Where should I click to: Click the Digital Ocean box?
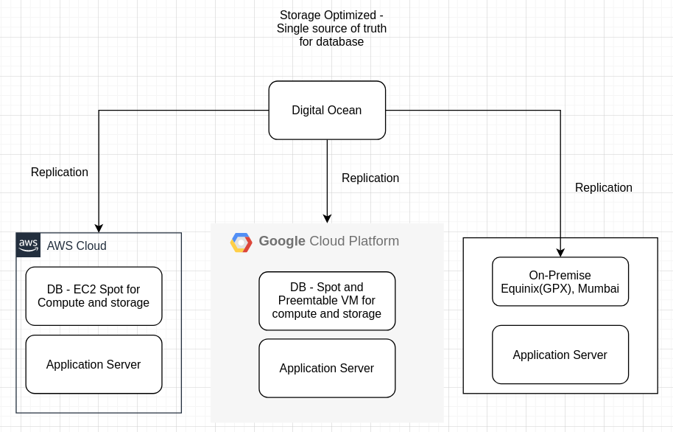[x=327, y=111]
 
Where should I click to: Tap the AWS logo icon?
[x=29, y=245]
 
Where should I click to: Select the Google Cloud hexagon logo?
[x=242, y=243]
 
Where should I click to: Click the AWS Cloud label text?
[x=77, y=246]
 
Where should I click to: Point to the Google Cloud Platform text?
[x=328, y=241]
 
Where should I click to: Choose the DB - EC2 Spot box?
[x=94, y=296]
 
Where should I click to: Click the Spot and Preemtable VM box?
[x=327, y=301]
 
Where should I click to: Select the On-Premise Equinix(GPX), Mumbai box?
[x=560, y=281]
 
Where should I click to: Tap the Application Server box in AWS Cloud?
[x=94, y=364]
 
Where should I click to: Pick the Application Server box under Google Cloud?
[x=327, y=368]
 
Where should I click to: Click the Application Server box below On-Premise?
[x=560, y=355]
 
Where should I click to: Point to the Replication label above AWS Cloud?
[x=60, y=173]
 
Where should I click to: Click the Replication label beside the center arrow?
[x=370, y=178]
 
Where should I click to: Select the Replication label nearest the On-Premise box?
[x=604, y=188]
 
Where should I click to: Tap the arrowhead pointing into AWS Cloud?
[x=99, y=229]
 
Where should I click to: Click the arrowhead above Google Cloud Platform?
[x=327, y=218]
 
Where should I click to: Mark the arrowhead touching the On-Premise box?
[x=560, y=253]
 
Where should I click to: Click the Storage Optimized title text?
[x=331, y=28]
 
